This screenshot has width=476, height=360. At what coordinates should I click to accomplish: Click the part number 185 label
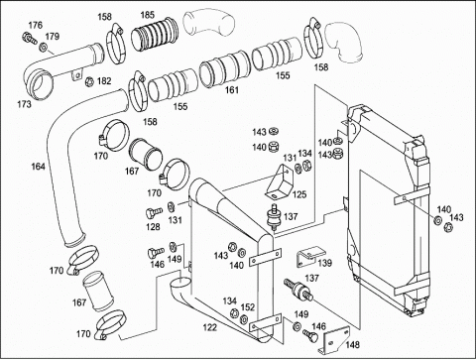tap(148, 15)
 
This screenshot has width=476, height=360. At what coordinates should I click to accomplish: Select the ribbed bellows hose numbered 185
tap(155, 35)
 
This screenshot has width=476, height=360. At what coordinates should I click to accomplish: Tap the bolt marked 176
tap(30, 38)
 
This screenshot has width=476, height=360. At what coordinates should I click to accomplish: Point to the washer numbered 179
tap(43, 48)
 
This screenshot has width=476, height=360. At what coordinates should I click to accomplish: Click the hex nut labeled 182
tap(89, 80)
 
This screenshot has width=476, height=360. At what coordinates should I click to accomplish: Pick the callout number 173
tap(25, 104)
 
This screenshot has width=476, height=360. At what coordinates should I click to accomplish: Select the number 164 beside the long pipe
tap(38, 167)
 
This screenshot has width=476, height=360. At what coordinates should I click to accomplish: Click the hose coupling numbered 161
tap(224, 69)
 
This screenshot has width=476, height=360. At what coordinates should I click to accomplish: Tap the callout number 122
tap(210, 327)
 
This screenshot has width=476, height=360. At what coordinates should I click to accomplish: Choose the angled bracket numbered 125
tap(280, 182)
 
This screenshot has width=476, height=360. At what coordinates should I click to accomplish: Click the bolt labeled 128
tap(154, 212)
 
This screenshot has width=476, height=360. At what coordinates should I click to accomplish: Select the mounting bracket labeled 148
tap(335, 340)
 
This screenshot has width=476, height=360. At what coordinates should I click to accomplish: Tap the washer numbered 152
tap(244, 319)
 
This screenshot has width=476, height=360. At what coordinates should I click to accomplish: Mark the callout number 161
tap(232, 90)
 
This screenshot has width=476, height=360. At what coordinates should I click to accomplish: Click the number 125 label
tap(299, 194)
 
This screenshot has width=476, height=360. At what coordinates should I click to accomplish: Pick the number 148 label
tap(353, 345)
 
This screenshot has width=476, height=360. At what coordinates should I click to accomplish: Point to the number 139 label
tap(325, 263)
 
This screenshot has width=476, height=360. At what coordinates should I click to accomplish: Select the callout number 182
tap(104, 81)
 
